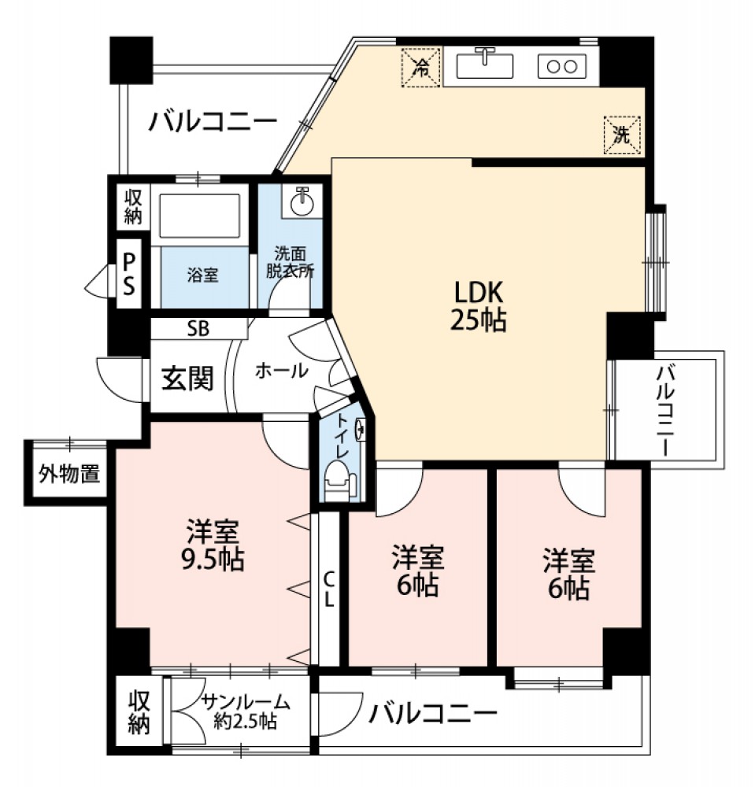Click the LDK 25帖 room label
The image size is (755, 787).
479,306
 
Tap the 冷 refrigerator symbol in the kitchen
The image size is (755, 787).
421,67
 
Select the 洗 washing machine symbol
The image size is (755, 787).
623,135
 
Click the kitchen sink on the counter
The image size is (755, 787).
484,65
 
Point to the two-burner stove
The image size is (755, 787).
562,66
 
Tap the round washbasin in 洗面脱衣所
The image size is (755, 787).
302,201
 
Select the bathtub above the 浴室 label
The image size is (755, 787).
199,216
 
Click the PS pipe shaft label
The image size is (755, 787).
129,274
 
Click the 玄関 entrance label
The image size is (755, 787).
187,379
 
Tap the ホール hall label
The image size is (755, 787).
282,371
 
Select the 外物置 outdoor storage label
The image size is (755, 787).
70,473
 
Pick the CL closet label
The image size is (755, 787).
328,589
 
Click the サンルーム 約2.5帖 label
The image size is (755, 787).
246,711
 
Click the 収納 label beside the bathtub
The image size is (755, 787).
133,207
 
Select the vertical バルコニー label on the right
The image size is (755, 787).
666,411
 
